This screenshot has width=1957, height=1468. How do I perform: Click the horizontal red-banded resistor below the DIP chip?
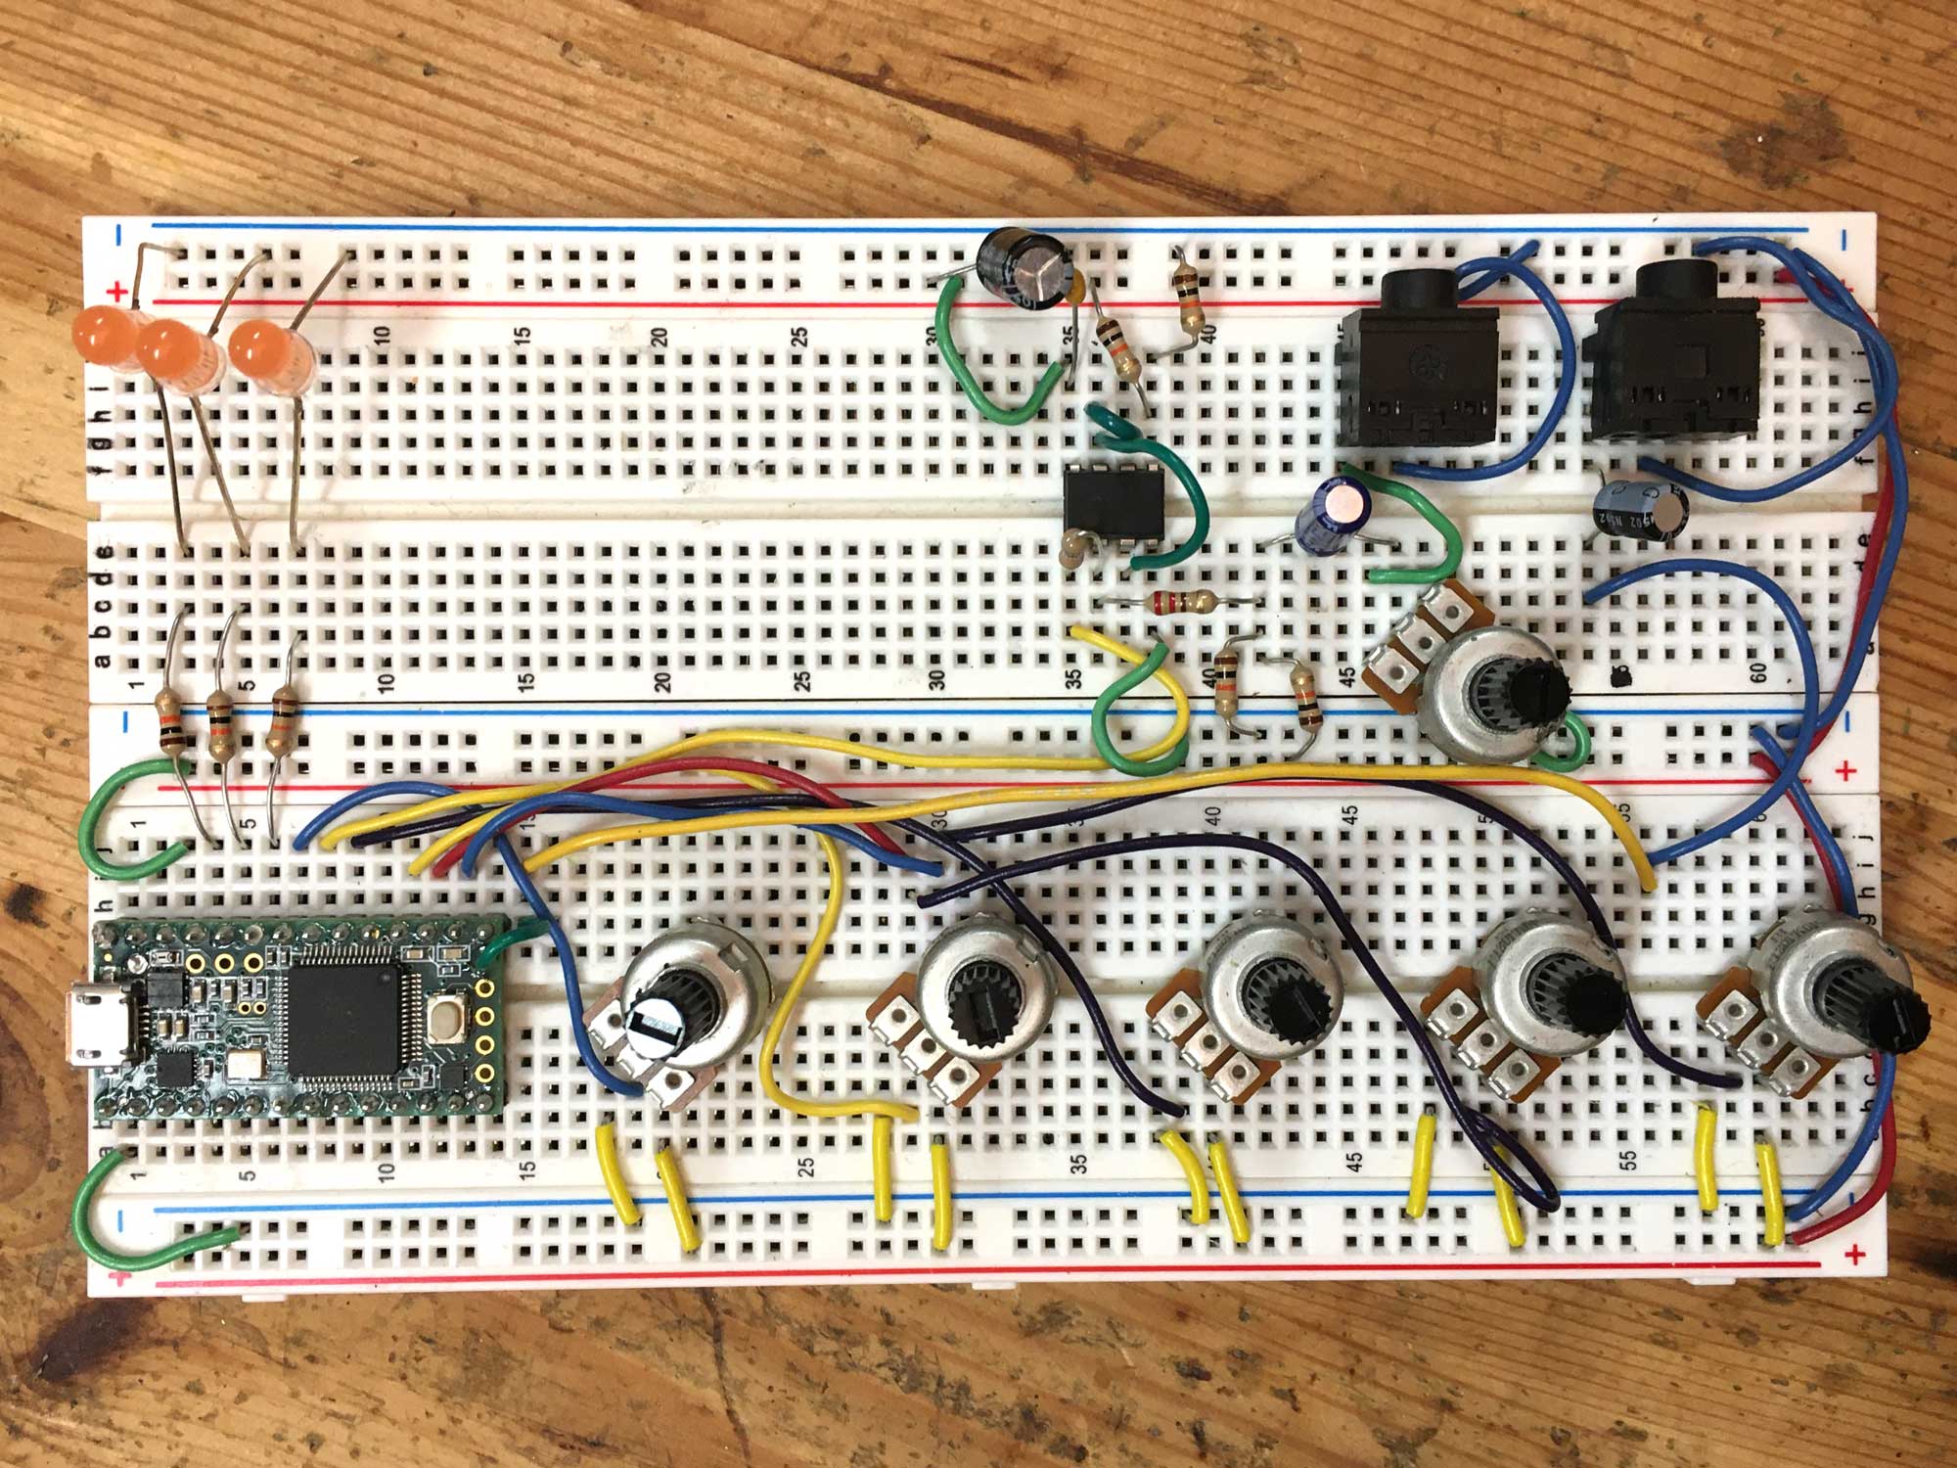pyautogui.click(x=1180, y=602)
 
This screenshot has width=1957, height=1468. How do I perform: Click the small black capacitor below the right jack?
pyautogui.click(x=1629, y=509)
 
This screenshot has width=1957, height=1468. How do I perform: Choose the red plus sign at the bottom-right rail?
pyautogui.click(x=1849, y=1256)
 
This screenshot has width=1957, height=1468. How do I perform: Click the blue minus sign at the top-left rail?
pyautogui.click(x=118, y=234)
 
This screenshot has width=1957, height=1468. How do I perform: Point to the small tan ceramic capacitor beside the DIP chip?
pyautogui.click(x=1076, y=548)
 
